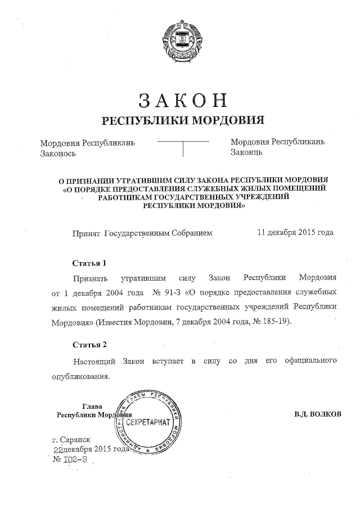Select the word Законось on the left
pyautogui.click(x=58, y=153)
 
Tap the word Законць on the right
pyautogui.click(x=247, y=152)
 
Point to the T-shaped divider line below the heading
pyautogui.click(x=183, y=146)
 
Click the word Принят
pyautogui.click(x=85, y=232)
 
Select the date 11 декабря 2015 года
pyautogui.click(x=295, y=232)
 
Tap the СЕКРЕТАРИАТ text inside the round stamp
pyautogui.click(x=147, y=421)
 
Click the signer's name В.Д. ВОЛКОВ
pyautogui.click(x=317, y=415)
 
